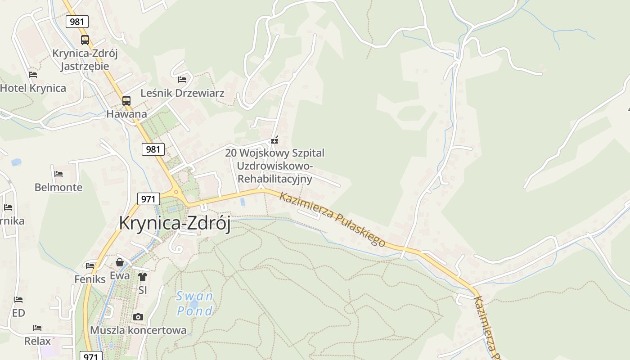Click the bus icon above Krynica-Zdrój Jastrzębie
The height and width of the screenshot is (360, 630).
pyautogui.click(x=85, y=40)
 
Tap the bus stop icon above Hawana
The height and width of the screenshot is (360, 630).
pyautogui.click(x=126, y=100)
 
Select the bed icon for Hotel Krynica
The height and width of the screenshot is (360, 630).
pyautogui.click(x=32, y=75)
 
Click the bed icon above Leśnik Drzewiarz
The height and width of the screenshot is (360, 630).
pyautogui.click(x=182, y=80)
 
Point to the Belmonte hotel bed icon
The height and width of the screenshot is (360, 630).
pyautogui.click(x=58, y=174)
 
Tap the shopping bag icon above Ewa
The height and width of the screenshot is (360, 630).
pyautogui.click(x=120, y=262)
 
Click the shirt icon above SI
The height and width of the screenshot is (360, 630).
pyautogui.click(x=143, y=276)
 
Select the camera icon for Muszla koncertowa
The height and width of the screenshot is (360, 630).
pyautogui.click(x=138, y=317)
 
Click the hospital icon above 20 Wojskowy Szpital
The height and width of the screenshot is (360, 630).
pyautogui.click(x=274, y=140)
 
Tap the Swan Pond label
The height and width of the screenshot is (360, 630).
pyautogui.click(x=194, y=304)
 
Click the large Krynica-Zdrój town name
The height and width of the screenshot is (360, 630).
pyautogui.click(x=175, y=223)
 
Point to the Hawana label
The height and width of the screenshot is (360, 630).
pyautogui.click(x=126, y=114)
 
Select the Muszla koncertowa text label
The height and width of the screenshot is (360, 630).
pyautogui.click(x=138, y=330)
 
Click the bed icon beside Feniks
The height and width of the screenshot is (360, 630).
pyautogui.click(x=90, y=266)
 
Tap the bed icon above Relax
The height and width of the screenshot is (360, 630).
pyautogui.click(x=37, y=328)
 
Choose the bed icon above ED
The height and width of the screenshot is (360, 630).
pyautogui.click(x=18, y=300)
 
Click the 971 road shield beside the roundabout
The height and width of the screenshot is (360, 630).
pyautogui.click(x=148, y=199)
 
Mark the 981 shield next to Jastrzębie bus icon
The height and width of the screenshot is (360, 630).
pyautogui.click(x=77, y=22)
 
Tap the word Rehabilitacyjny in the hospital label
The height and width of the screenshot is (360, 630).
pyautogui.click(x=274, y=179)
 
